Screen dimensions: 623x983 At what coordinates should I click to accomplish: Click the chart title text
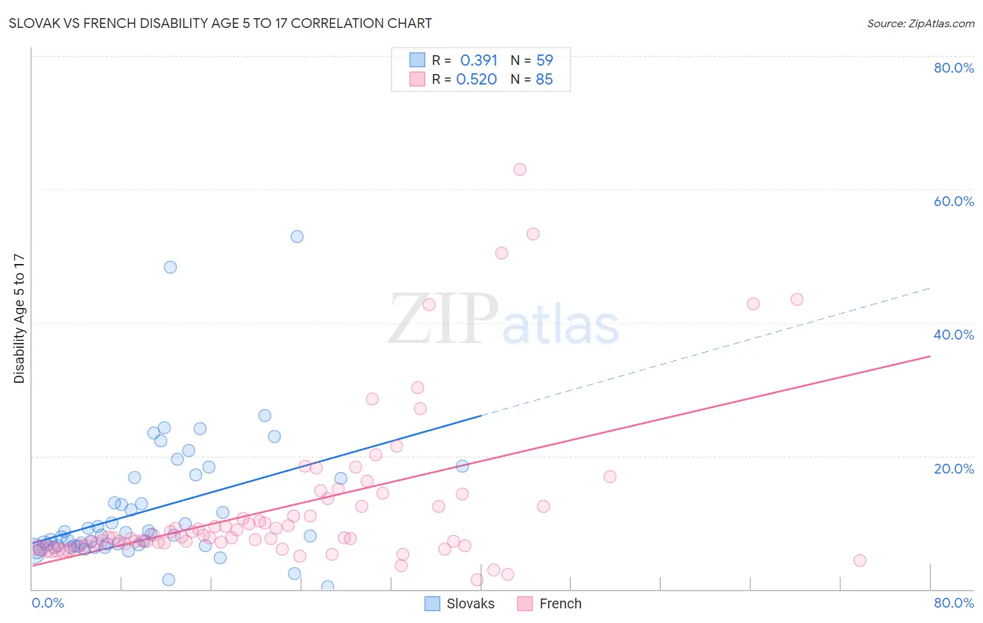pyautogui.click(x=220, y=23)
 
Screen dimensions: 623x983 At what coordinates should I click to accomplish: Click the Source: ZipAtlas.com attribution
pyautogui.click(x=920, y=23)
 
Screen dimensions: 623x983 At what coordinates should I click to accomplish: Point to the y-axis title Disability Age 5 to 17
pyautogui.click(x=19, y=318)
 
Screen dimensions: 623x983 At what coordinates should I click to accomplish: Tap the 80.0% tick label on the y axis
pyautogui.click(x=954, y=68)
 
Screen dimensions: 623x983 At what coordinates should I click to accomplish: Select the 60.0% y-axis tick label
pyautogui.click(x=954, y=201)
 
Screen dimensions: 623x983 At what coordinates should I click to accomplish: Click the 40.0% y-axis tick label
pyautogui.click(x=954, y=335)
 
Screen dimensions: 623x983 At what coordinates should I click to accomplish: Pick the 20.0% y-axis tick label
pyautogui.click(x=954, y=469)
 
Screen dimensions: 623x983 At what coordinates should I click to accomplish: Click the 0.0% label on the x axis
pyautogui.click(x=48, y=603)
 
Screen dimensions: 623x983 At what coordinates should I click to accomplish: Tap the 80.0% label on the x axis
pyautogui.click(x=954, y=603)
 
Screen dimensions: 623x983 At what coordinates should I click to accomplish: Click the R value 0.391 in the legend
pyautogui.click(x=478, y=60)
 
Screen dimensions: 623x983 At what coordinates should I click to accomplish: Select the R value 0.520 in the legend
pyautogui.click(x=476, y=79)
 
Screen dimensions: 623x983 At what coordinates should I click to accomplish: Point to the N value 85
pyautogui.click(x=544, y=79)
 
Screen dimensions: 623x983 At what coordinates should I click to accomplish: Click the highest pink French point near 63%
pyautogui.click(x=519, y=169)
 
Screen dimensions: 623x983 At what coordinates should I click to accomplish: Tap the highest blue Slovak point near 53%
pyautogui.click(x=297, y=237)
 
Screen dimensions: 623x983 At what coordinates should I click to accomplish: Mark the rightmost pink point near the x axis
pyautogui.click(x=860, y=560)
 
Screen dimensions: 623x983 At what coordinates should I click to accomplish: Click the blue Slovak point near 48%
pyautogui.click(x=170, y=267)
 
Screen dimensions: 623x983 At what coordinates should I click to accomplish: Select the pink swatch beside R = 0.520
pyautogui.click(x=417, y=79)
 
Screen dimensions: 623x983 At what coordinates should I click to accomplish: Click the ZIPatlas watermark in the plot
pyautogui.click(x=503, y=319)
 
